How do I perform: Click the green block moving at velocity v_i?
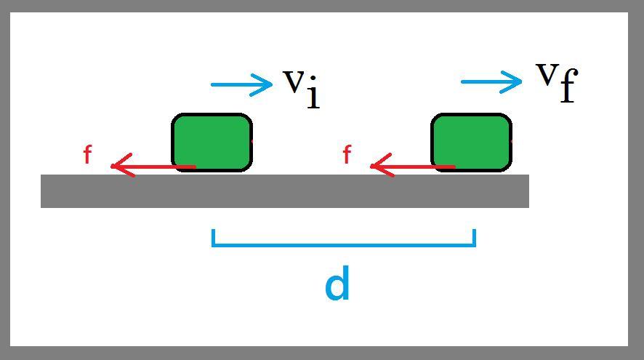(212, 142)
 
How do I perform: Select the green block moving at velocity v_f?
(471, 142)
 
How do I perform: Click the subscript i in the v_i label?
(313, 95)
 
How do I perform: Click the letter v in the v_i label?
(293, 81)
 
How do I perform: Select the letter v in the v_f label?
(547, 72)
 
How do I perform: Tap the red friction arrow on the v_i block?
(153, 167)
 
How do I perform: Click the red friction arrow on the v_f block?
(413, 167)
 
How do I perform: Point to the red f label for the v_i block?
(87, 155)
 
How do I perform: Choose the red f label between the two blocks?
(347, 155)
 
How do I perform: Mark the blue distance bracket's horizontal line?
(343, 245)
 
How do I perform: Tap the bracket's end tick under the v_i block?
(213, 237)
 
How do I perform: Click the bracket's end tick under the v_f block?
(474, 237)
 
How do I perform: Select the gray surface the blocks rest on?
(284, 191)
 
